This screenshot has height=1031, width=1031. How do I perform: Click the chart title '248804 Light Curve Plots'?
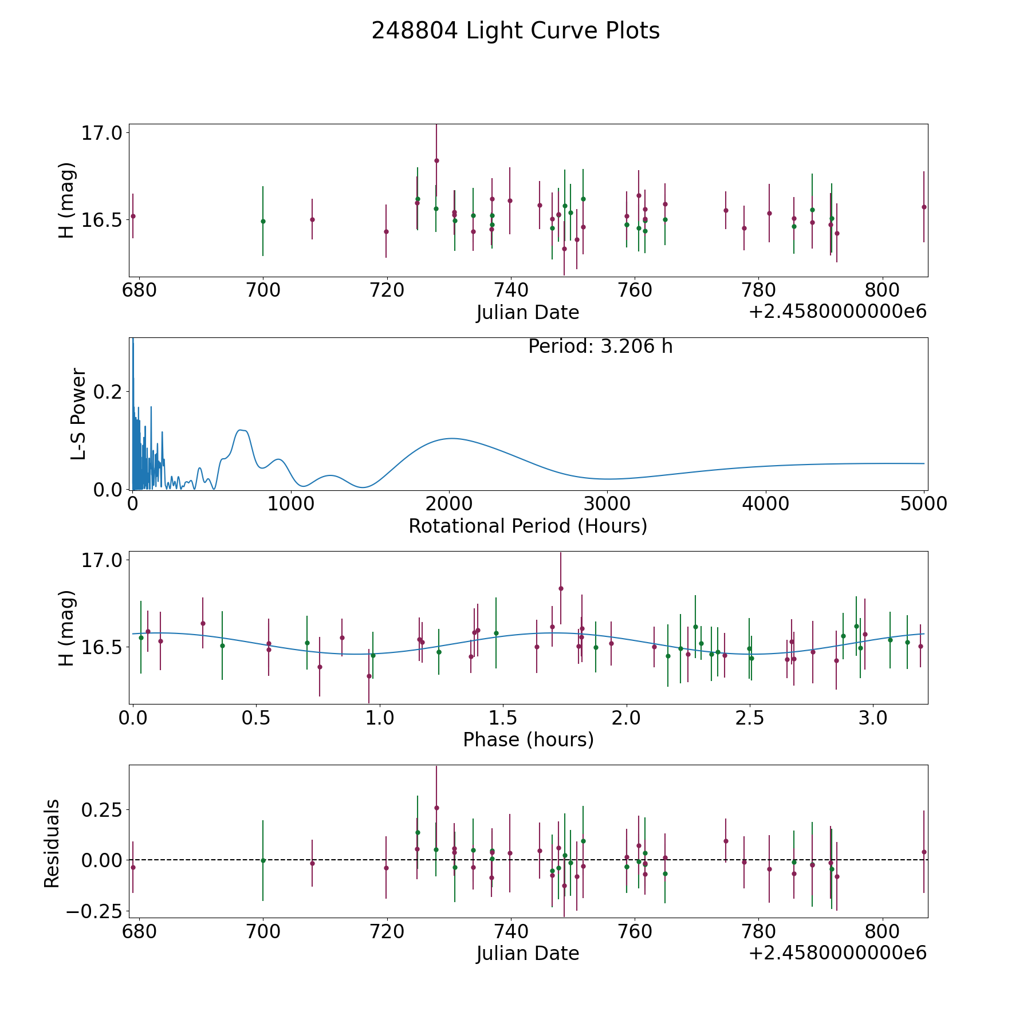(515, 31)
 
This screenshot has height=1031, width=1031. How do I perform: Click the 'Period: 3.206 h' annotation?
(600, 347)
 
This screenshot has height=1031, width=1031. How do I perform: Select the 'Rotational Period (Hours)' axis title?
(528, 526)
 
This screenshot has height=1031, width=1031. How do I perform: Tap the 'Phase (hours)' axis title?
(528, 739)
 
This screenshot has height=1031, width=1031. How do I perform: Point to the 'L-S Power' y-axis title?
(78, 414)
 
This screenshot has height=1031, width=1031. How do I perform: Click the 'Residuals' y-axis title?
(52, 844)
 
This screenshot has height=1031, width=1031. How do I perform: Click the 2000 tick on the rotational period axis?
(450, 503)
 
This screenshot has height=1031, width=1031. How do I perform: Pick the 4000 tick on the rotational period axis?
(766, 503)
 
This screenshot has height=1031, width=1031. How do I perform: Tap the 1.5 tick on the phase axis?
(503, 718)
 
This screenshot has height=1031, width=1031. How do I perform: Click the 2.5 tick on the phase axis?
(750, 718)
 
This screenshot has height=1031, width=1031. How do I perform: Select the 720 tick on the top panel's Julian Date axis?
(387, 290)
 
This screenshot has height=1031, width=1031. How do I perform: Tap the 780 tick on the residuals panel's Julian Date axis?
(758, 931)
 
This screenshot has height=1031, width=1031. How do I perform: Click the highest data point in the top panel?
(436, 160)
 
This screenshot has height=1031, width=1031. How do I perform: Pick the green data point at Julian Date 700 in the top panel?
(263, 221)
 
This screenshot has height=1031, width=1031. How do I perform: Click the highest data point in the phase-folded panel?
(561, 588)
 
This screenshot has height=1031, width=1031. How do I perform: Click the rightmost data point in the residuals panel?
(924, 852)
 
